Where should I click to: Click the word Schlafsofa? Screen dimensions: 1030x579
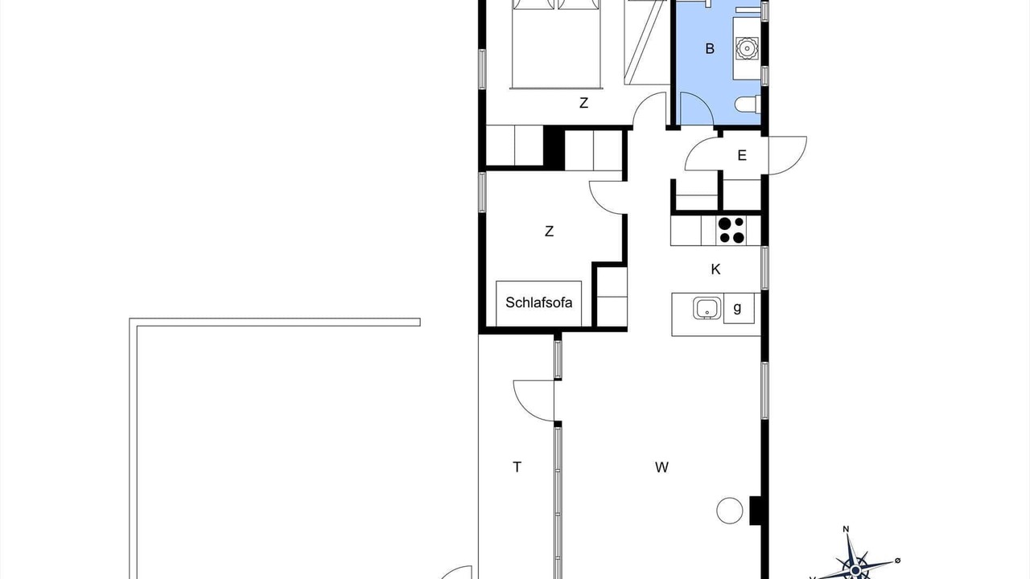pyautogui.click(x=538, y=302)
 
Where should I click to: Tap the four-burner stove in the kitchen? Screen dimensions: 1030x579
pyautogui.click(x=731, y=230)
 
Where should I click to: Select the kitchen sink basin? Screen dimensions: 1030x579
pyautogui.click(x=707, y=308)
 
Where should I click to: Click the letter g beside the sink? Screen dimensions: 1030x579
pyautogui.click(x=737, y=307)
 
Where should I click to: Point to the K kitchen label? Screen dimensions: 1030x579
pyautogui.click(x=715, y=269)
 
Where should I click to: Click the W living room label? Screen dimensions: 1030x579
pyautogui.click(x=661, y=467)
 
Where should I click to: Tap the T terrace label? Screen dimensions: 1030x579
pyautogui.click(x=517, y=467)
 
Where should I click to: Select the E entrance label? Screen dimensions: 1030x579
pyautogui.click(x=742, y=156)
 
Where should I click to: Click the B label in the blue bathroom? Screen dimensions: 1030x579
pyautogui.click(x=710, y=49)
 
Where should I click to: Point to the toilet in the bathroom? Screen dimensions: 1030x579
pyautogui.click(x=748, y=104)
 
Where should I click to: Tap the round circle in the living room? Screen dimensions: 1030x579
pyautogui.click(x=729, y=511)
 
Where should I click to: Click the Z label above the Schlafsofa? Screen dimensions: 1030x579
pyautogui.click(x=549, y=231)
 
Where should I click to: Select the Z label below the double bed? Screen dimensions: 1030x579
pyautogui.click(x=583, y=103)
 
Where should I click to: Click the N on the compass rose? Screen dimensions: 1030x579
pyautogui.click(x=846, y=529)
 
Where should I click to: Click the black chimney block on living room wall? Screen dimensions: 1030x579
pyautogui.click(x=757, y=511)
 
